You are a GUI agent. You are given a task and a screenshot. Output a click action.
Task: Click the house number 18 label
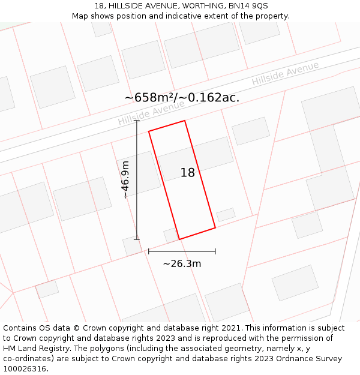pyautogui.click(x=188, y=173)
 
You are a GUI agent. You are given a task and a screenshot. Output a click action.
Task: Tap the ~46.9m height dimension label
pyautogui.click(x=125, y=179)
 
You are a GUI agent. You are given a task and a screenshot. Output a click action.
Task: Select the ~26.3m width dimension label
pyautogui.click(x=182, y=263)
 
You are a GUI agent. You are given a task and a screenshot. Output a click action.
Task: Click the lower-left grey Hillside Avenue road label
pyautogui.click(x=151, y=112)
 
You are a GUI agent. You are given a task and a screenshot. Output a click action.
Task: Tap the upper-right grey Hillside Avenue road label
pyautogui.click(x=285, y=73)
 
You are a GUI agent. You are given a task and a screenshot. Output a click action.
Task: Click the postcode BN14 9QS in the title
pyautogui.click(x=248, y=5)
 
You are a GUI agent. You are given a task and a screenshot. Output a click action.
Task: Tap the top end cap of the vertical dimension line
pyautogui.click(x=137, y=121)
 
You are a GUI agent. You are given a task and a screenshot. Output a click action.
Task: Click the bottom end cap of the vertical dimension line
pyautogui.click(x=137, y=239)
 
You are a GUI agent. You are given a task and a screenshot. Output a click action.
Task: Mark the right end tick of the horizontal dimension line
pyautogui.click(x=215, y=251)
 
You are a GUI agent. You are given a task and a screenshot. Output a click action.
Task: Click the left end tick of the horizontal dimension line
pyautogui.click(x=149, y=251)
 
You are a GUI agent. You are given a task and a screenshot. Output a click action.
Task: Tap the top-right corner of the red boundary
pyautogui.click(x=184, y=121)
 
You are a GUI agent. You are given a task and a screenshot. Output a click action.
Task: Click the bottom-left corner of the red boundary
pyautogui.click(x=179, y=239)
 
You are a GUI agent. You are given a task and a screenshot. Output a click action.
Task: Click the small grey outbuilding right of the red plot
pyautogui.click(x=226, y=214)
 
